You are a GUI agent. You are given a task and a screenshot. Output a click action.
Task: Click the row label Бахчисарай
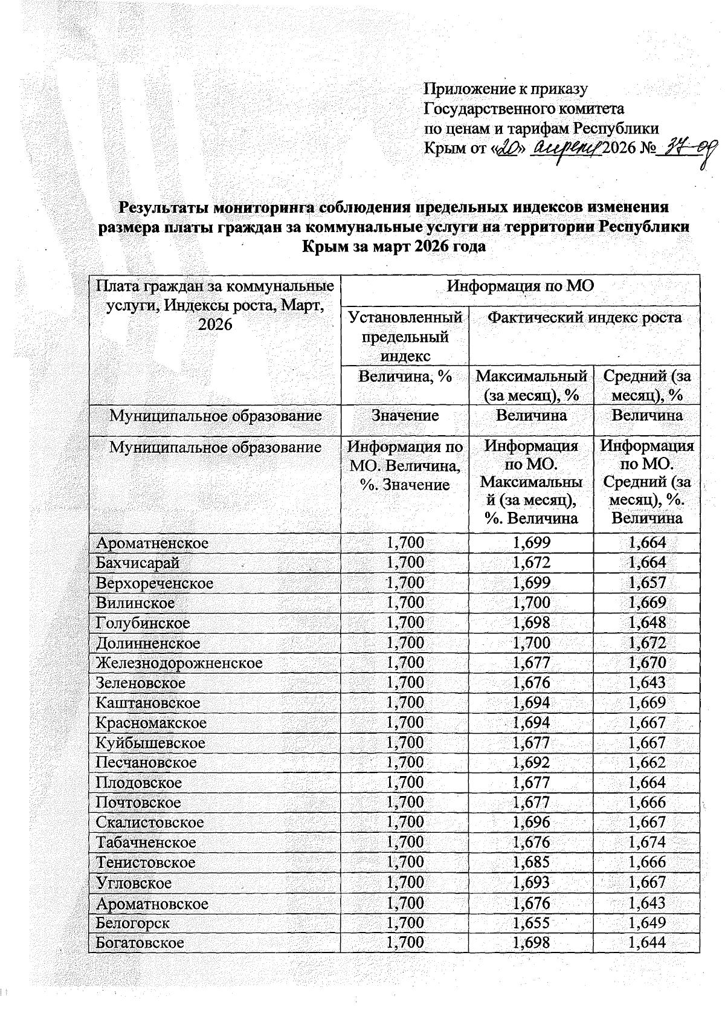pos(137,563)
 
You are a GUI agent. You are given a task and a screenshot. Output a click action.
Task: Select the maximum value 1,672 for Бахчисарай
pos(531,563)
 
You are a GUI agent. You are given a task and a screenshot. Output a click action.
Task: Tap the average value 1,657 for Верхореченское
pos(646,583)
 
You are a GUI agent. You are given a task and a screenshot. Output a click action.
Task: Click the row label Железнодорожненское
pos(179,663)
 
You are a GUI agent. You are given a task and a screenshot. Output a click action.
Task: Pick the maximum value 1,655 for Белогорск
pos(531,923)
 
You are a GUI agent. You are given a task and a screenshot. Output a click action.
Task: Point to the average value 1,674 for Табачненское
pos(646,843)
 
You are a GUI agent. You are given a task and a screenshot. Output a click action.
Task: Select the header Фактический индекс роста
pos(584,317)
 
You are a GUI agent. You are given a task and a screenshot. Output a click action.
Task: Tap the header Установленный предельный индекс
pos(405,336)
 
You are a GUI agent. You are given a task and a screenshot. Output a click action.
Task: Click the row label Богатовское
pos(140,943)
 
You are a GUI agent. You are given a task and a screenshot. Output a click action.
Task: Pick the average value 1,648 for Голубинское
pos(646,623)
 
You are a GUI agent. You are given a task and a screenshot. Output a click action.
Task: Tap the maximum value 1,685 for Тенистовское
pos(531,862)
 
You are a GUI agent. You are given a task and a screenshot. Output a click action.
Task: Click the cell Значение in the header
pos(405,416)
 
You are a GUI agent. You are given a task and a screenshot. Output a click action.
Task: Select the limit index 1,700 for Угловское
pos(405,883)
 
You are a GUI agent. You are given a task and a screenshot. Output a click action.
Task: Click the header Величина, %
pos(405,377)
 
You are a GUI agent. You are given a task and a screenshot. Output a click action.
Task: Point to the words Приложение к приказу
pos(505,89)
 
